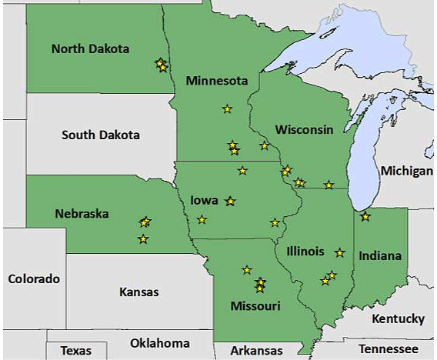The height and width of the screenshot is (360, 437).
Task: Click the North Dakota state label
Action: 90,49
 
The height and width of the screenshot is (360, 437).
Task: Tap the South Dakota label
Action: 101,135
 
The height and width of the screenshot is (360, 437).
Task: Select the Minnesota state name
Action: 216,81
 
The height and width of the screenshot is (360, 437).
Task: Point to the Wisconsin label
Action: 305,129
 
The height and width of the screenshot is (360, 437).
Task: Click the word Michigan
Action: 406,170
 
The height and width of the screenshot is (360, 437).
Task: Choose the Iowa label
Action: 205,201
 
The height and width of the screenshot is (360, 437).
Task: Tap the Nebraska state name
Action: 82,213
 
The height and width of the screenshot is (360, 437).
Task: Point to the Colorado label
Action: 33,278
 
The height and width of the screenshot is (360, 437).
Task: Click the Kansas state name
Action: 139,292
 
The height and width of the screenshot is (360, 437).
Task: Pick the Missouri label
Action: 255,306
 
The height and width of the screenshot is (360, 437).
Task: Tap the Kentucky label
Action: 398,318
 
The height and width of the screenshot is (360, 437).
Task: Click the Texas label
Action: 75,351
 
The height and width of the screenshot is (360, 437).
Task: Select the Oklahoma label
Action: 160,343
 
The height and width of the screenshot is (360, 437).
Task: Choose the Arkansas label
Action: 257,351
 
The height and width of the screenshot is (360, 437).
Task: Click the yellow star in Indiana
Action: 365,217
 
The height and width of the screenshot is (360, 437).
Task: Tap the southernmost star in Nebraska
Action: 143,239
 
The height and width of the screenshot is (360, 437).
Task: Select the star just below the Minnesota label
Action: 227,109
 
